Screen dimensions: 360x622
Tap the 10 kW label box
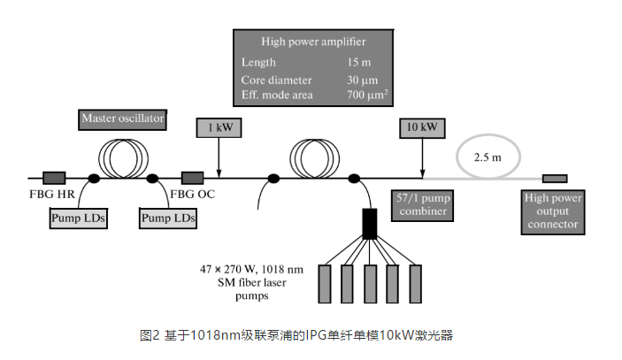click(422, 129)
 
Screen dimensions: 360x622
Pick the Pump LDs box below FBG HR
click(78, 217)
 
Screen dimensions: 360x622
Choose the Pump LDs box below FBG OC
click(169, 217)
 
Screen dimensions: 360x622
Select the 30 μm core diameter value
click(363, 79)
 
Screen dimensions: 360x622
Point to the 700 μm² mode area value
click(368, 95)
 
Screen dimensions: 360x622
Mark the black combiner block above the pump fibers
click(370, 225)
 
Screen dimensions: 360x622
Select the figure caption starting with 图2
click(298, 335)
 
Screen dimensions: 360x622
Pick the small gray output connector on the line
click(555, 179)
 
